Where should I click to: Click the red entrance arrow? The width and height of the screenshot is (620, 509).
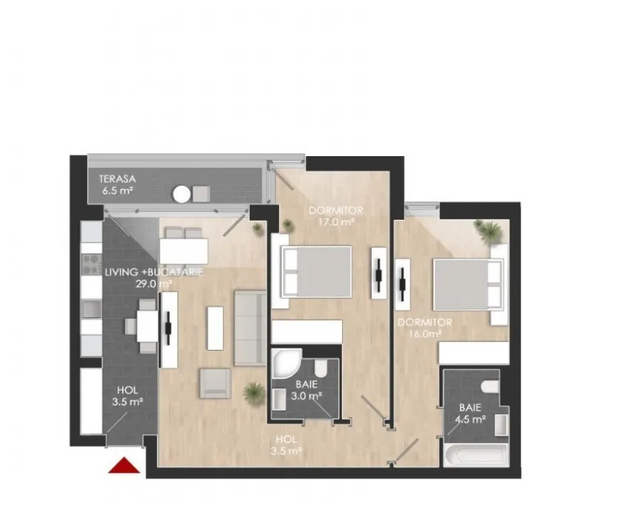tap(124, 465)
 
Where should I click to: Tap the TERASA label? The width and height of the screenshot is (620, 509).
tap(117, 178)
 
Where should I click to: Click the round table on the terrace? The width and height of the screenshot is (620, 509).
tap(182, 195)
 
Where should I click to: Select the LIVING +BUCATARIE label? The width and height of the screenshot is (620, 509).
tap(154, 272)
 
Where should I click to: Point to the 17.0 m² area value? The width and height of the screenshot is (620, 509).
tap(335, 222)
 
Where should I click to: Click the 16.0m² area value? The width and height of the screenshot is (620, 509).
tap(425, 334)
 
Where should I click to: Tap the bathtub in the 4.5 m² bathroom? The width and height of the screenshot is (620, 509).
tap(477, 455)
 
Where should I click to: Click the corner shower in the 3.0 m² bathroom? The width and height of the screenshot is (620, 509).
tap(285, 363)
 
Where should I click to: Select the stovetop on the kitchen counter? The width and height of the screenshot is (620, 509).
tap(92, 265)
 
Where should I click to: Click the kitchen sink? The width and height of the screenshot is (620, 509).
tap(92, 309)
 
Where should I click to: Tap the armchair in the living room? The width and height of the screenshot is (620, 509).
tap(216, 383)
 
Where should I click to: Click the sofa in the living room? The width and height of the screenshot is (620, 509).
tap(250, 328)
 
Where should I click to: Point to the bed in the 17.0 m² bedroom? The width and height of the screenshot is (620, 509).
tap(316, 272)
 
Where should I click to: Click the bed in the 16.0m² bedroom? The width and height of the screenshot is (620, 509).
tap(469, 284)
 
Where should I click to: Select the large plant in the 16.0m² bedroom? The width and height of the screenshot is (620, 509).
tap(489, 232)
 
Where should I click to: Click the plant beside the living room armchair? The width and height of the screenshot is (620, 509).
tap(254, 393)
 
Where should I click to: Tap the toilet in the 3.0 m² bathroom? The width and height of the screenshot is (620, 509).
tap(320, 368)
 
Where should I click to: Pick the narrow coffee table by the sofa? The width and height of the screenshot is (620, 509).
tap(215, 328)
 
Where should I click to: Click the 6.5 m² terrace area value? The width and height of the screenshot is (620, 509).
tap(117, 191)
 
